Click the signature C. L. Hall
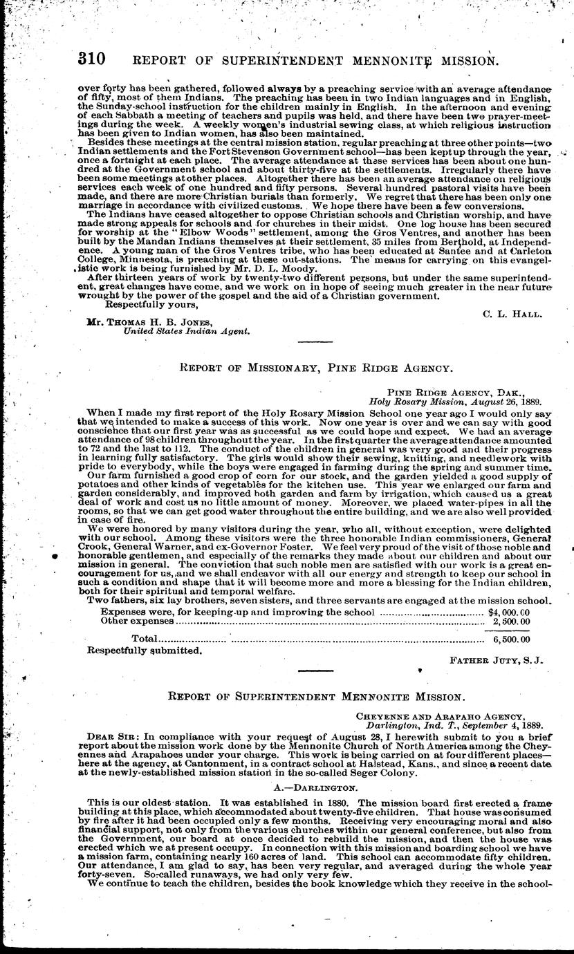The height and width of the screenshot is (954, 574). pyautogui.click(x=512, y=313)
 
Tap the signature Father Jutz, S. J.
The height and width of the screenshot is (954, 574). pyautogui.click(x=497, y=660)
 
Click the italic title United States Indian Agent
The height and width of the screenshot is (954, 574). pyautogui.click(x=187, y=331)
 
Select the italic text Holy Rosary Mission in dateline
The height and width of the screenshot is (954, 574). pyautogui.click(x=414, y=400)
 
